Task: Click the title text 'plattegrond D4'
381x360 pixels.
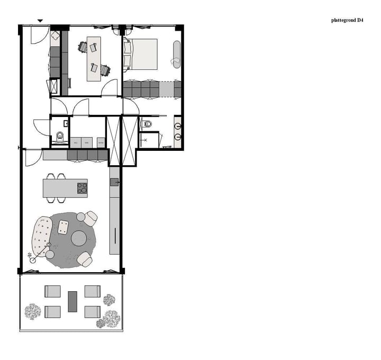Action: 347,21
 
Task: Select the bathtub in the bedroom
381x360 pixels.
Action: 176,54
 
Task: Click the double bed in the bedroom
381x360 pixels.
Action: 141,54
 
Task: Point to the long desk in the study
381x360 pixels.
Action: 94,58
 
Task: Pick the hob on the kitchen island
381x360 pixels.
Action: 82,188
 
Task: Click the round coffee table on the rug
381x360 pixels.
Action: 79,238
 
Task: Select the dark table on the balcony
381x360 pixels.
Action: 72,302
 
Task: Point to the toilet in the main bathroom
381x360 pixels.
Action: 148,124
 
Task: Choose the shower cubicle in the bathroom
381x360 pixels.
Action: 149,140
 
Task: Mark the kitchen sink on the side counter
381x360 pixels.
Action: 114,182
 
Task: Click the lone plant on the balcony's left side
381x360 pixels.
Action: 33,311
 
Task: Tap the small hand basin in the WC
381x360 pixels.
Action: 66,123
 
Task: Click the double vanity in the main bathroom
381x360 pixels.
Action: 178,132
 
